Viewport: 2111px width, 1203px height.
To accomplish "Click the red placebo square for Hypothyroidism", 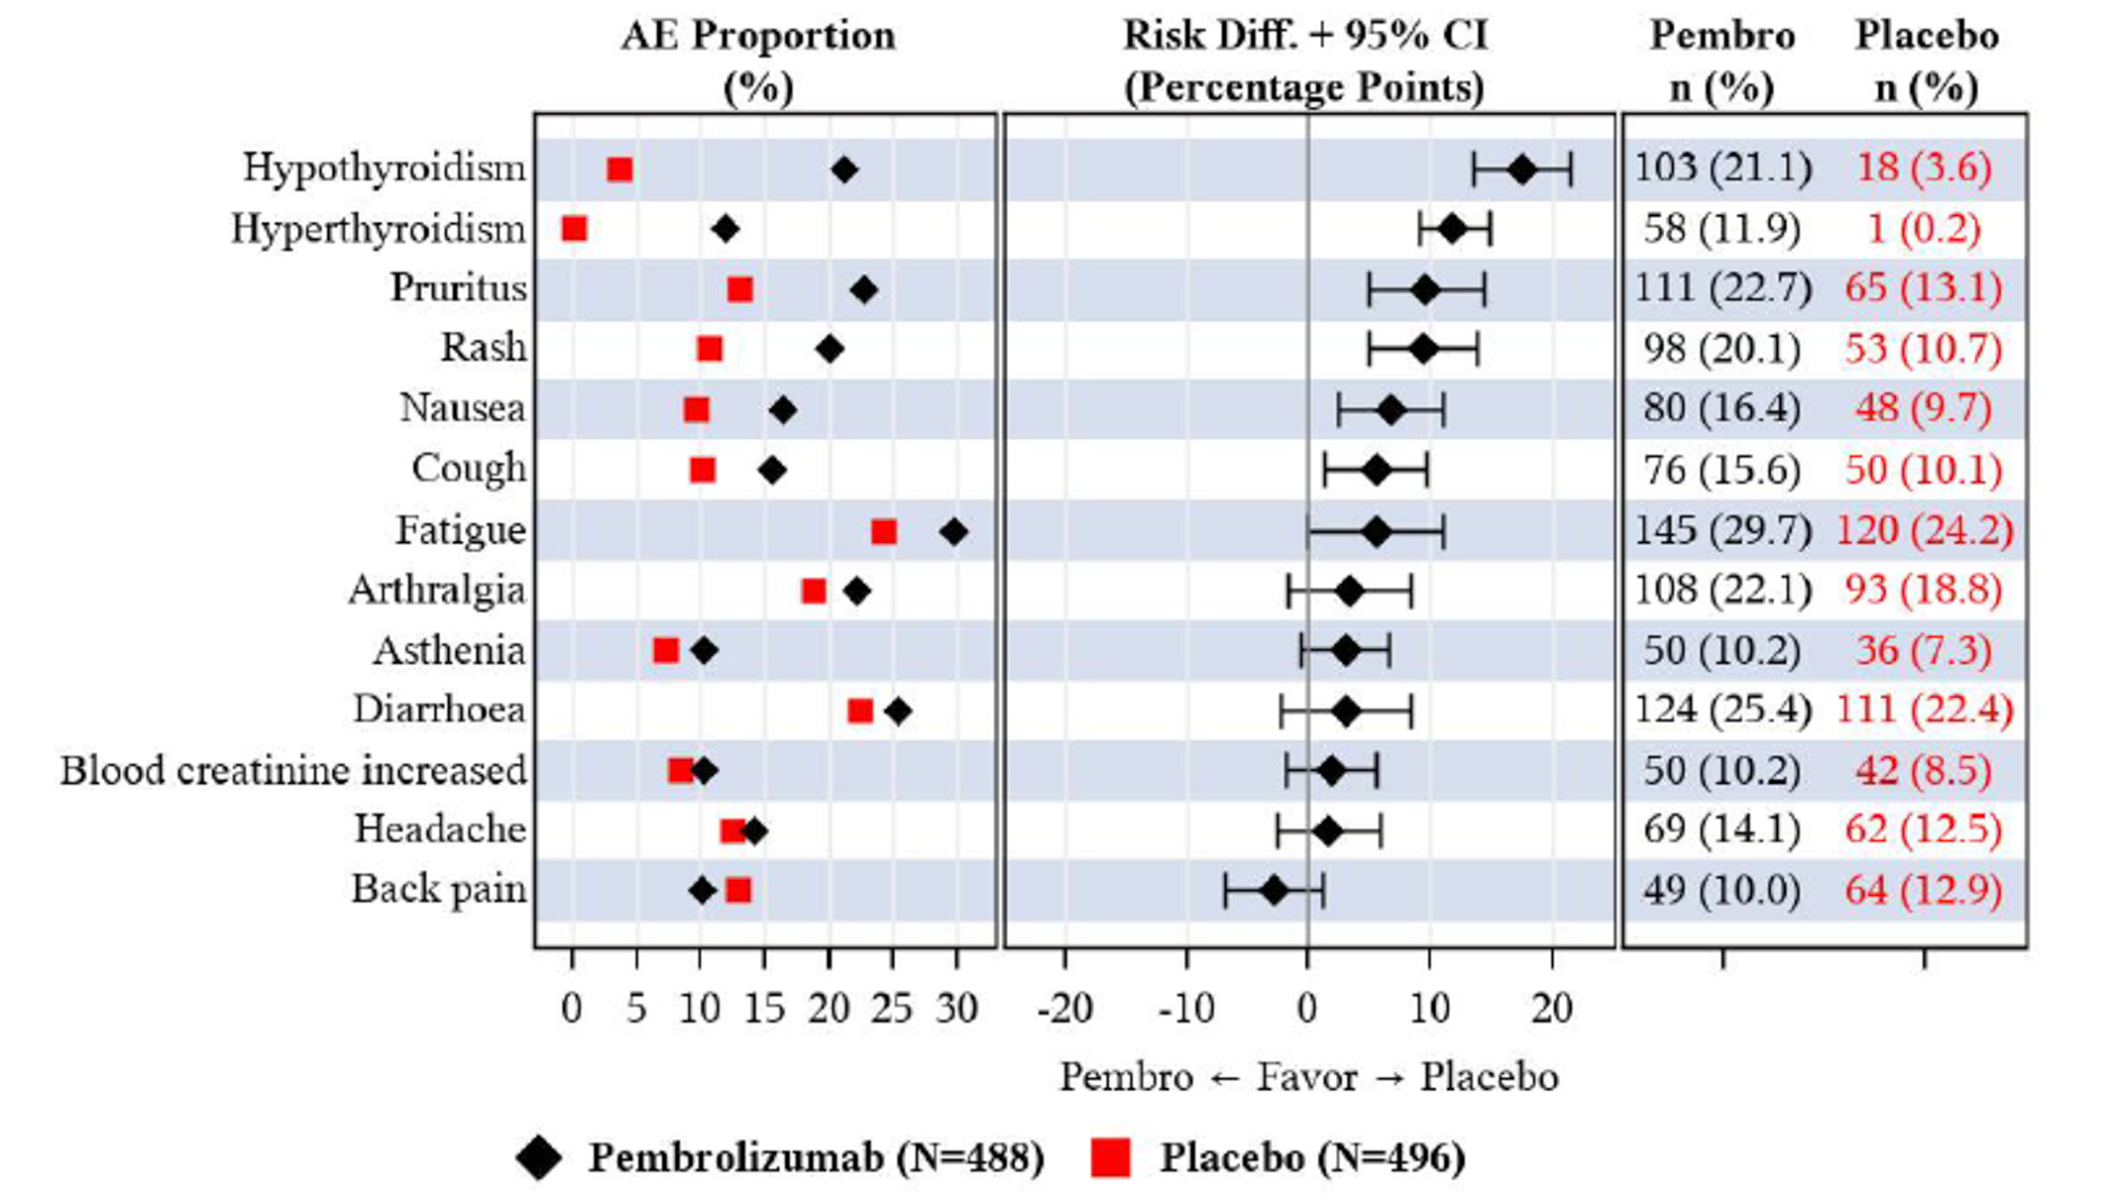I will click(619, 169).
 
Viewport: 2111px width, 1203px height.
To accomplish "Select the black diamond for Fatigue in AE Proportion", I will click(953, 532).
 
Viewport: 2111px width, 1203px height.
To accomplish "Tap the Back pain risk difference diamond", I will click(1274, 891).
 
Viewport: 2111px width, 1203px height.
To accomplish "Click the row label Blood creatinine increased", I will click(293, 771).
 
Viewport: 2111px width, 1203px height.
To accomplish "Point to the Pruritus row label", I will click(458, 287).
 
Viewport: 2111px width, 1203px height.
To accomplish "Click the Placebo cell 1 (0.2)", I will click(1924, 229).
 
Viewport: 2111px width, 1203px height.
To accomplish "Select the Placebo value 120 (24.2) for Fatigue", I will click(1925, 530).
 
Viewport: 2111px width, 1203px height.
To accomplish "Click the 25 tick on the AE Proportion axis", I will click(892, 1009).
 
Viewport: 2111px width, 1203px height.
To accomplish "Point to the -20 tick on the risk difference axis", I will click(1064, 1009).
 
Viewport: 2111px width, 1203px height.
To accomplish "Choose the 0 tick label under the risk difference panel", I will click(1307, 1009).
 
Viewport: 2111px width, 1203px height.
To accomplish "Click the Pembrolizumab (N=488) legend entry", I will click(816, 1157).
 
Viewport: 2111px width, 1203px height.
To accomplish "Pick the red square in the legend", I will click(1110, 1157).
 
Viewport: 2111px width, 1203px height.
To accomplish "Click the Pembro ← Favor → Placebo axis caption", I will click(1308, 1077).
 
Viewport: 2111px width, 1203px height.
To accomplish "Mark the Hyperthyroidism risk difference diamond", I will click(1452, 230).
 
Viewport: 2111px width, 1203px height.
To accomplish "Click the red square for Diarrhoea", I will click(860, 711).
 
